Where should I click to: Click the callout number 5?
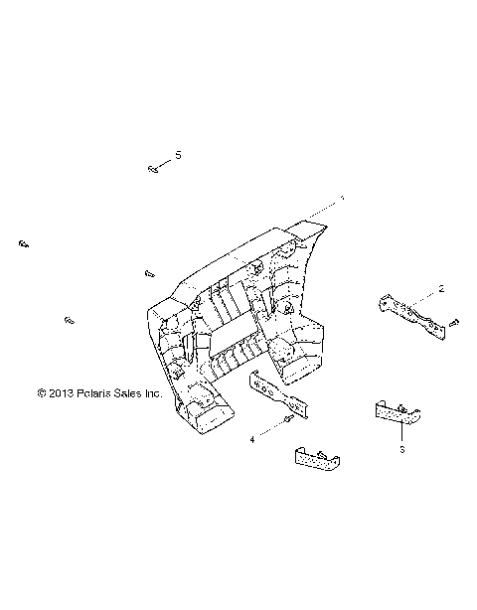click(179, 155)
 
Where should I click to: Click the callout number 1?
click(343, 199)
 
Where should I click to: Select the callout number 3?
click(402, 450)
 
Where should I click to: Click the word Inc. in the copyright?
click(152, 392)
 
